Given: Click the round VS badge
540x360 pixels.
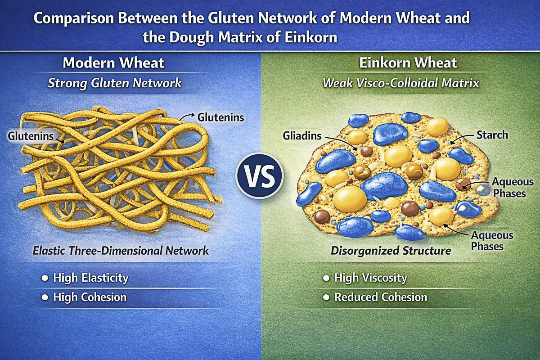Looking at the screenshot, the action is click(259, 175).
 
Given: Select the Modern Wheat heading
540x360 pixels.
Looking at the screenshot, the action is click(113, 63).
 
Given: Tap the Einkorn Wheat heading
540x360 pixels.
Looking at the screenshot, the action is click(408, 63).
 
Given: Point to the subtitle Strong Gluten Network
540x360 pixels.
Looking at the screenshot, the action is click(115, 83).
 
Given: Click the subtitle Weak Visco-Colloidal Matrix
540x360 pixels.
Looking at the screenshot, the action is click(401, 83).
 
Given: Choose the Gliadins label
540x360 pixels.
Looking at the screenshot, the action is click(302, 136).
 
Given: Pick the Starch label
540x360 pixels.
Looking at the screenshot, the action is click(492, 135).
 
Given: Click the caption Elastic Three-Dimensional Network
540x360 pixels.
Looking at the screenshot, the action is click(121, 251).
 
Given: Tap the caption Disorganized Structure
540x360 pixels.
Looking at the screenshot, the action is click(391, 251).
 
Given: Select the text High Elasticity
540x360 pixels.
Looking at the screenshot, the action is click(91, 278).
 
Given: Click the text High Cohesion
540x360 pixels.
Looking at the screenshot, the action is click(90, 297).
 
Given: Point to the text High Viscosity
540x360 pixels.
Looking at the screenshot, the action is click(370, 278).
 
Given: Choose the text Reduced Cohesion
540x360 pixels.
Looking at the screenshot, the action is click(381, 297).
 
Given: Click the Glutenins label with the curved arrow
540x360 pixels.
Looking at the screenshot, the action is click(220, 117).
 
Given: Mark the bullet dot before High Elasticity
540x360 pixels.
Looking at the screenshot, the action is click(45, 278).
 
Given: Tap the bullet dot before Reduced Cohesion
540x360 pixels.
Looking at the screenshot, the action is click(326, 297).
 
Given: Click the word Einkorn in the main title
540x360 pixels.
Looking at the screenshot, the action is click(311, 37).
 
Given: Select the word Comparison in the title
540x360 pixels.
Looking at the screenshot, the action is click(73, 18).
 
